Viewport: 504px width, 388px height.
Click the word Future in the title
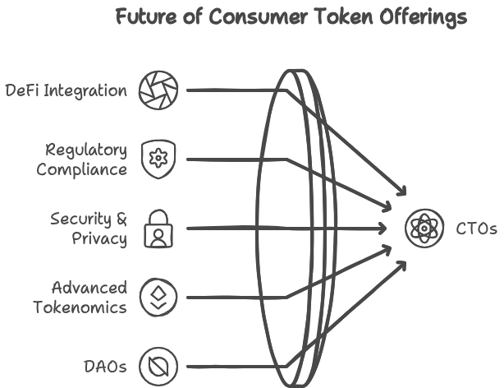click(146, 16)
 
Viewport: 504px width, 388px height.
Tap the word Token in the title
click(344, 16)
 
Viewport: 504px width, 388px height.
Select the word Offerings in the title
click(424, 18)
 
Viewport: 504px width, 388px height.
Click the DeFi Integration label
click(66, 90)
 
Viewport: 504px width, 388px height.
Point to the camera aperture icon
click(158, 90)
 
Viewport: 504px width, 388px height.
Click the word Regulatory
click(86, 150)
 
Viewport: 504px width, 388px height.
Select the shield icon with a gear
click(158, 159)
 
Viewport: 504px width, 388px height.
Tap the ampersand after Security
click(121, 219)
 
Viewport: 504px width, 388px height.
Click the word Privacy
click(99, 239)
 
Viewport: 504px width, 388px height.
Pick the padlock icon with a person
click(158, 229)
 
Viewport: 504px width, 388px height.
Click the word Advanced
click(89, 288)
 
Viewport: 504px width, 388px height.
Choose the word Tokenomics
click(80, 307)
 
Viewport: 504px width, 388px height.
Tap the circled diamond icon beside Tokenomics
click(158, 298)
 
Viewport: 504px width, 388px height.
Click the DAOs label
click(105, 367)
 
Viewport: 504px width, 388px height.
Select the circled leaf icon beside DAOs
click(158, 367)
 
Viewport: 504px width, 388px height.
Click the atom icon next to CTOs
click(424, 229)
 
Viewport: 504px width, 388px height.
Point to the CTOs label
click(476, 229)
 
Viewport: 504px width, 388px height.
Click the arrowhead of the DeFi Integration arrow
click(401, 191)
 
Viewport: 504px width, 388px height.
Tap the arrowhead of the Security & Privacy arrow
click(383, 229)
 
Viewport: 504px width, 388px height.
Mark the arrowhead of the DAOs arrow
click(401, 266)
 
